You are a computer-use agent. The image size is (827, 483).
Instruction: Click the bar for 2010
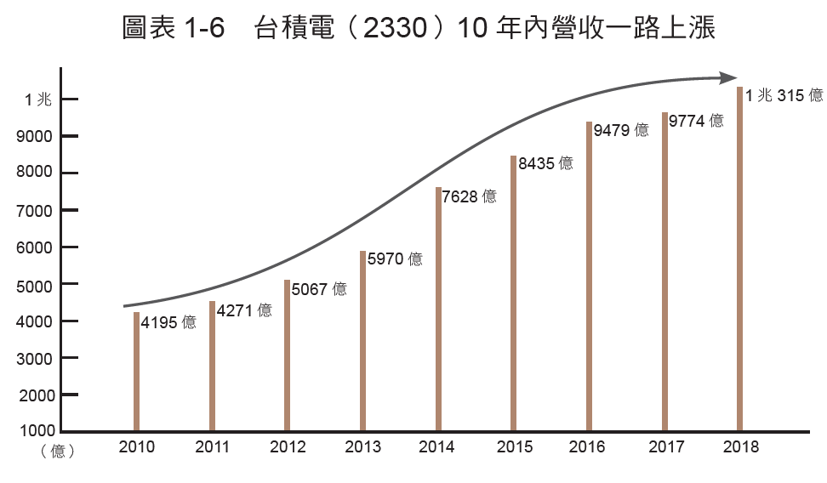tap(136, 372)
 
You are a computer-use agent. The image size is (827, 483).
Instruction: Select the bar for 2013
tap(362, 341)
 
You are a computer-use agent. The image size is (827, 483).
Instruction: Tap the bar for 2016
tap(589, 276)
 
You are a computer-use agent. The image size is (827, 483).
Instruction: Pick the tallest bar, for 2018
tap(739, 259)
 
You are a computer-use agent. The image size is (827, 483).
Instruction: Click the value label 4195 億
tap(168, 323)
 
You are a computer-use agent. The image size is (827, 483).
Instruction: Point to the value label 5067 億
tap(319, 289)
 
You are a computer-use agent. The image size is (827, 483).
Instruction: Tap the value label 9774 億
tap(696, 121)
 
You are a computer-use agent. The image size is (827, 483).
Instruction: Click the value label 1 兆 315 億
tap(784, 96)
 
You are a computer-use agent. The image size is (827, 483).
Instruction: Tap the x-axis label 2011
tap(213, 447)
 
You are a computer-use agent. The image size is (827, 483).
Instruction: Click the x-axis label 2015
tap(514, 447)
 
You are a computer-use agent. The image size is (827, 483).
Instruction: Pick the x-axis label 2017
tap(664, 447)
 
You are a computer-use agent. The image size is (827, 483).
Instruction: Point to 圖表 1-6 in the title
tap(174, 29)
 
